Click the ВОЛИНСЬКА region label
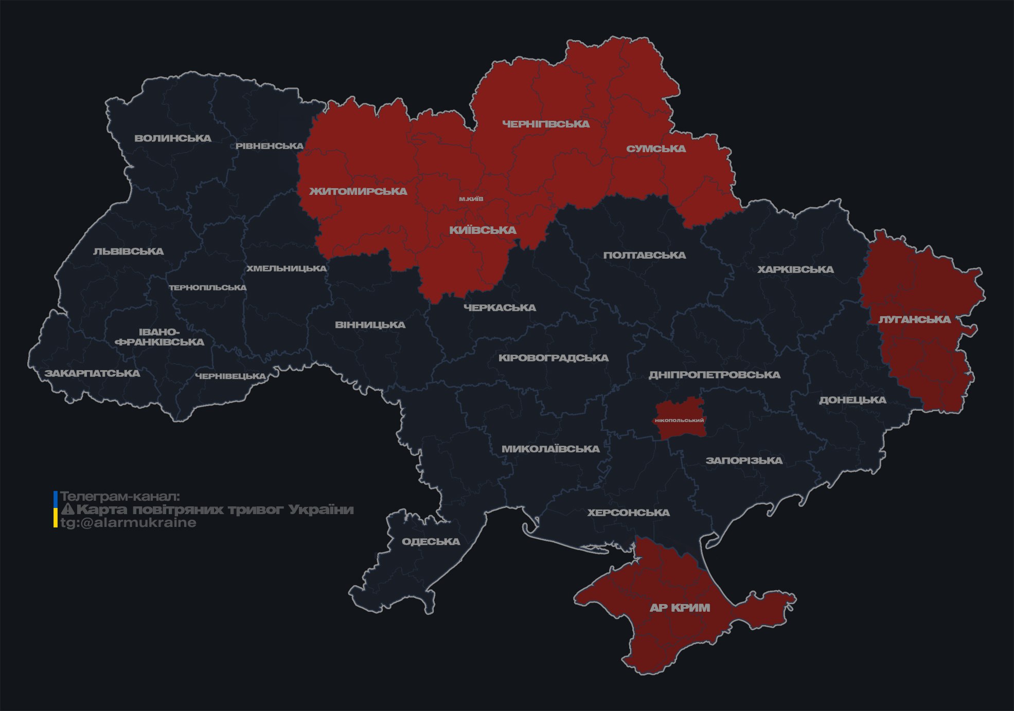tap(173, 138)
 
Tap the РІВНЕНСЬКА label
tap(270, 146)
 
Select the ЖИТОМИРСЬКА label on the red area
tap(358, 191)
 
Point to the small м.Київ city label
tap(471, 199)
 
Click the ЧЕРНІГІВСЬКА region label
tap(546, 124)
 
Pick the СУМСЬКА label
tap(656, 149)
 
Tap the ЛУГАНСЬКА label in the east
tap(914, 319)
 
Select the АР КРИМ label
tap(680, 608)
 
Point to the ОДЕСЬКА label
tap(431, 541)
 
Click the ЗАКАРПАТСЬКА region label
tap(92, 373)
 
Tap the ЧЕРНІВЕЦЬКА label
tap(230, 376)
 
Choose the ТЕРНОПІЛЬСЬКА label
tap(208, 287)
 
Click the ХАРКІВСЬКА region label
tap(795, 269)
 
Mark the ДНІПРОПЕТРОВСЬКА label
tap(714, 375)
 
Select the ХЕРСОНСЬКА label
tap(628, 513)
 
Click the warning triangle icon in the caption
tap(67, 509)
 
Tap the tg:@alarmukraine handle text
tap(128, 523)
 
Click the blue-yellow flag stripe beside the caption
tap(55, 509)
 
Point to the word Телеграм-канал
tap(120, 497)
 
